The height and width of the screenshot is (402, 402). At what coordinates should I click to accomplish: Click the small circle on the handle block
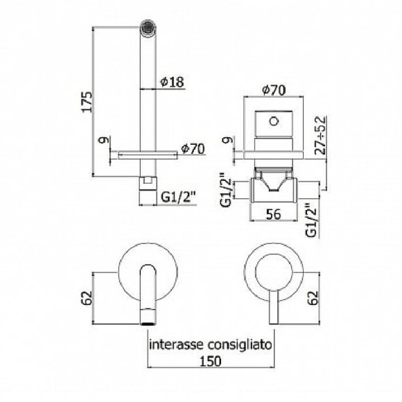(x=275, y=123)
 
